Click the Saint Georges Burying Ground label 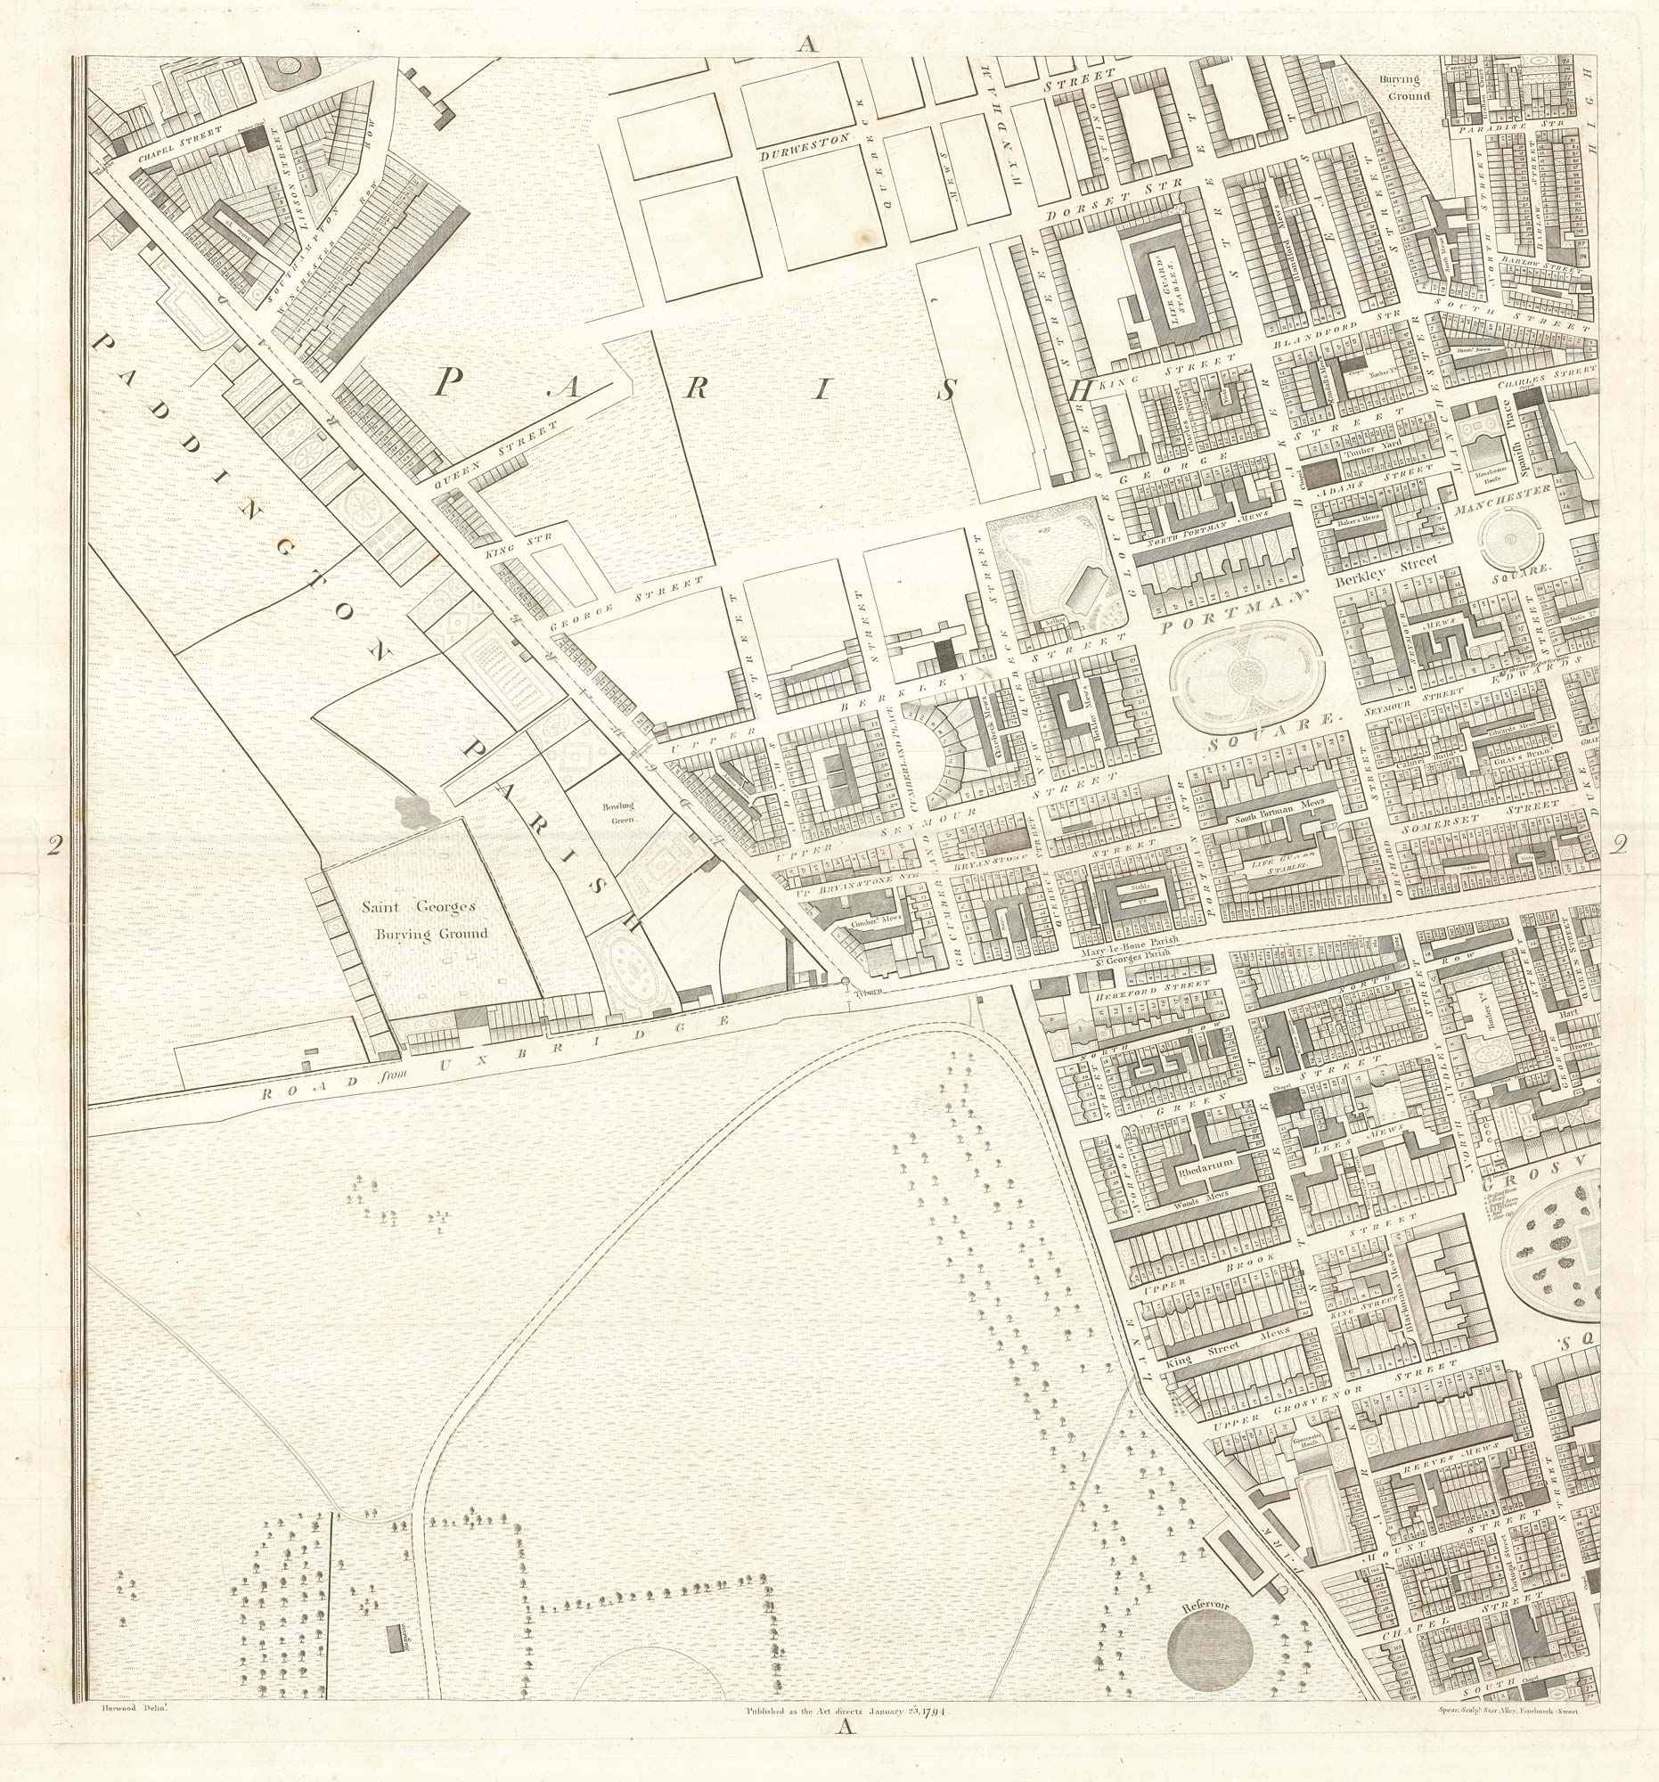[x=425, y=920]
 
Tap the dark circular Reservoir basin [x=1209, y=1647]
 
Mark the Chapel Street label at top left [x=179, y=147]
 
